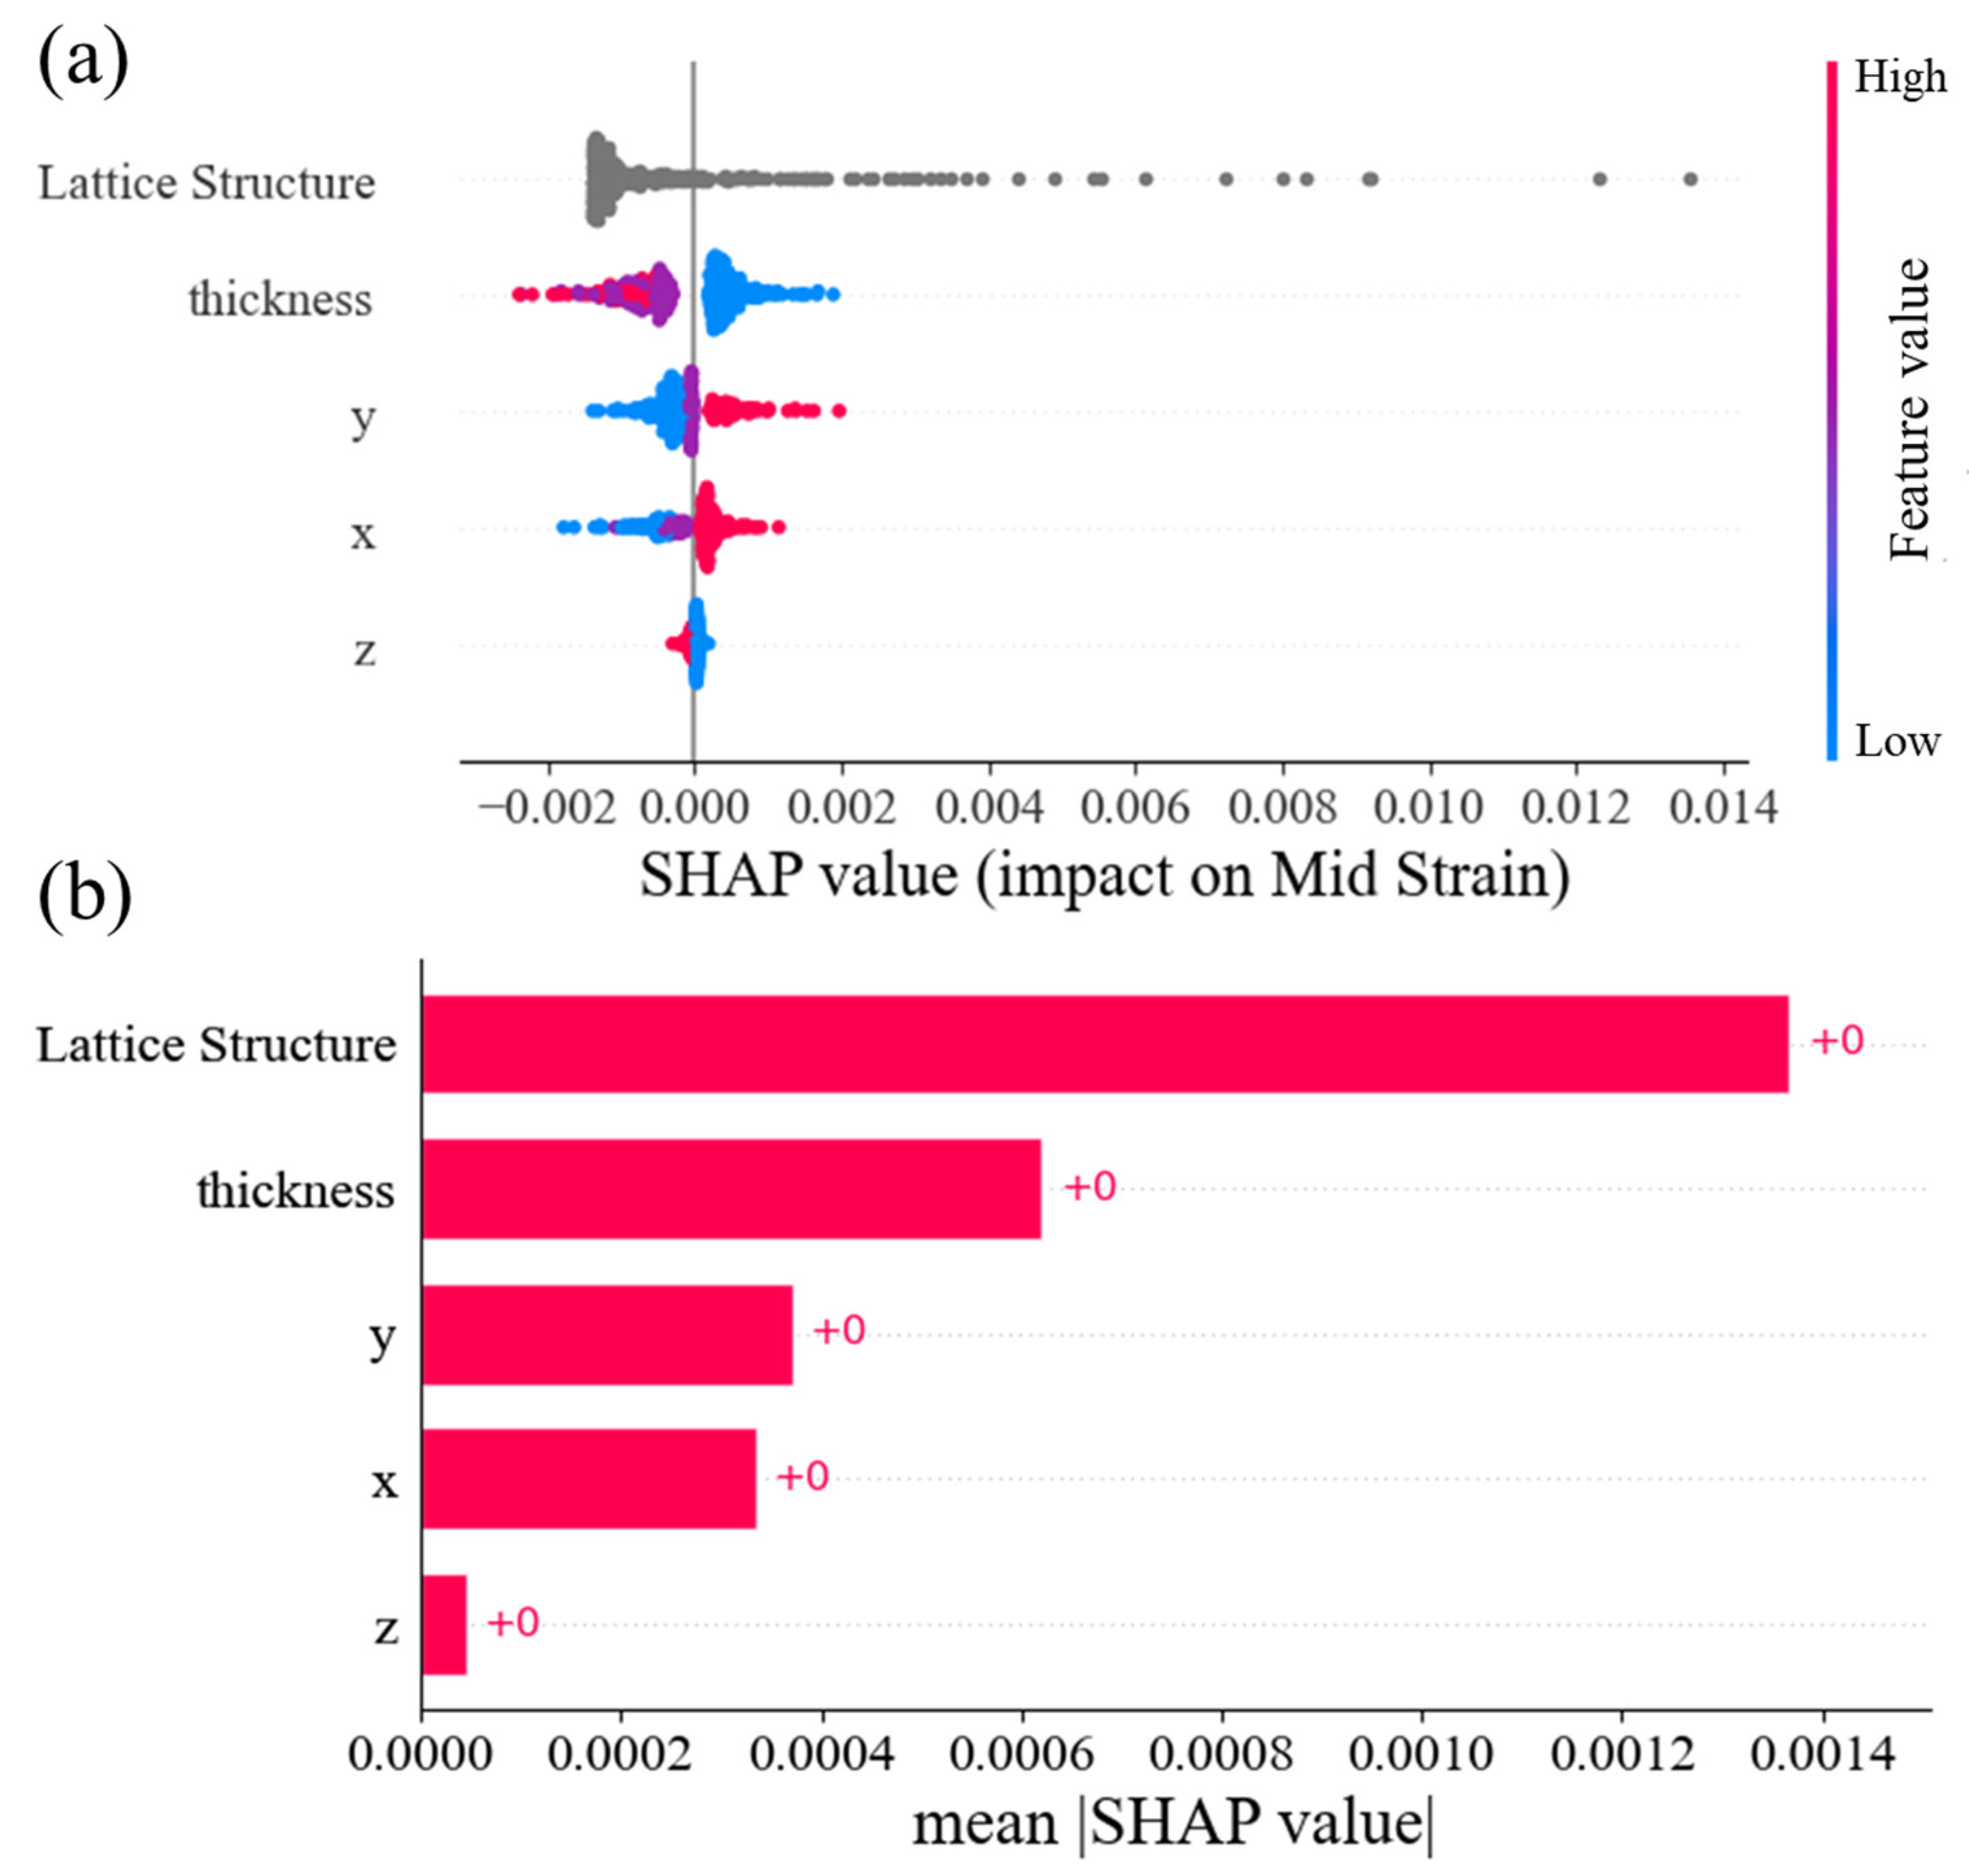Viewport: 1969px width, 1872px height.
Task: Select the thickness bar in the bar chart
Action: tap(730, 1188)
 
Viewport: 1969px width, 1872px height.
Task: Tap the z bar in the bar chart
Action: tap(444, 1624)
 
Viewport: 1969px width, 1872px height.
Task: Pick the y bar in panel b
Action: tap(607, 1334)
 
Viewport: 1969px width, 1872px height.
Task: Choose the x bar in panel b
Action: tap(588, 1479)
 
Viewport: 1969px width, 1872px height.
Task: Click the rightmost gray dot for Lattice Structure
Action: tap(1690, 179)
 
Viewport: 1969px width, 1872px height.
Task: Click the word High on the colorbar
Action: tap(1899, 78)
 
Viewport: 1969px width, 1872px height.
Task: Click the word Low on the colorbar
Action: tap(1896, 741)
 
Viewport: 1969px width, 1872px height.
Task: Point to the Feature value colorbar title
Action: tap(1910, 409)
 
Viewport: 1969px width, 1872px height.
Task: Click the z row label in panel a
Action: tap(366, 651)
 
